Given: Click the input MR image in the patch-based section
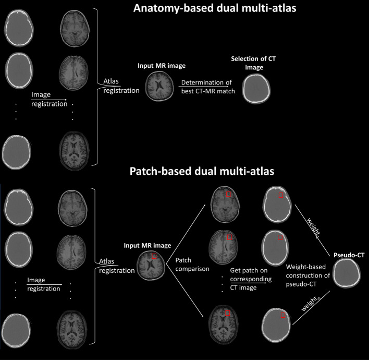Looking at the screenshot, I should point(152,263).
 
